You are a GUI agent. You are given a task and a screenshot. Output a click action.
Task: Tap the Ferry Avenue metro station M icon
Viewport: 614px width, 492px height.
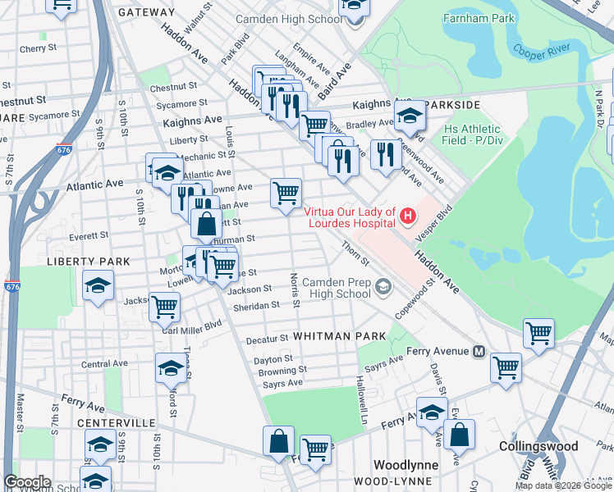click(481, 351)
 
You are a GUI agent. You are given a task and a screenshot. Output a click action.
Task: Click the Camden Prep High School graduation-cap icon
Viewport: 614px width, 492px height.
click(383, 287)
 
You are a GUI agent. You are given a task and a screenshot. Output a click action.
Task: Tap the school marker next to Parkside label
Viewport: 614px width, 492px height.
click(410, 119)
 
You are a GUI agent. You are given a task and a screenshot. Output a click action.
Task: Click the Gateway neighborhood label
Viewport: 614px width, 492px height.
click(146, 12)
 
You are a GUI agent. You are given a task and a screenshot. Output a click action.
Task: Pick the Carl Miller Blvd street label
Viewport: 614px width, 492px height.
click(191, 322)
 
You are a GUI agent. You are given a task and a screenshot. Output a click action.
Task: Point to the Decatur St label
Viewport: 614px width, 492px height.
click(267, 338)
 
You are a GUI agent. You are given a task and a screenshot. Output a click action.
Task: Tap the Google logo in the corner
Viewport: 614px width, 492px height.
click(27, 482)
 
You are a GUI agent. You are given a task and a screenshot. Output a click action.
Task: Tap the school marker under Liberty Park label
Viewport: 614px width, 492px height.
click(98, 287)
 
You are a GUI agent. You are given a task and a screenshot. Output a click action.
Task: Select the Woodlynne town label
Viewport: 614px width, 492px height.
click(406, 464)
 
